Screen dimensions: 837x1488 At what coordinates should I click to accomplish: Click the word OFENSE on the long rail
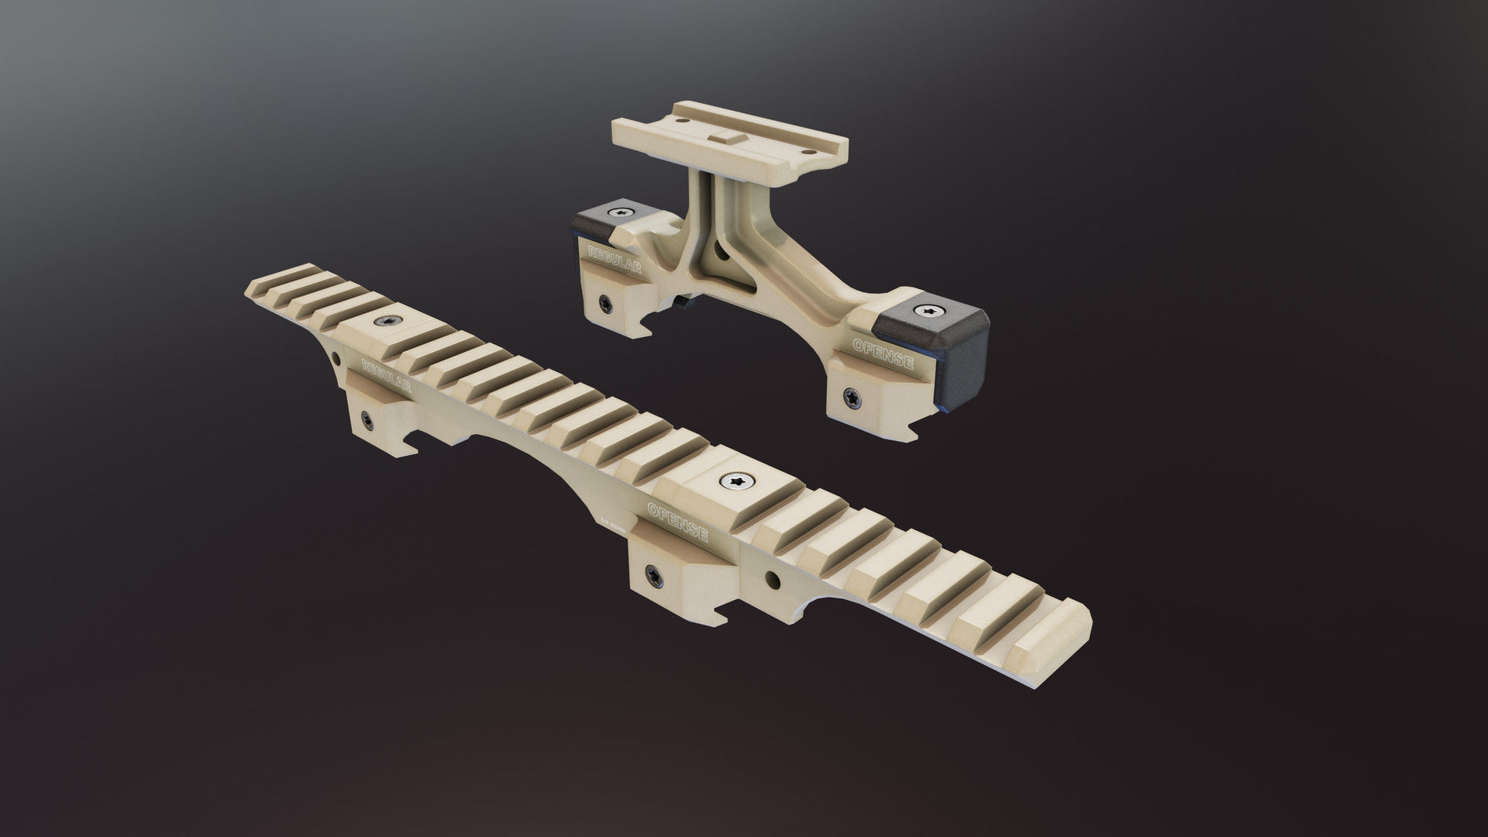(x=677, y=520)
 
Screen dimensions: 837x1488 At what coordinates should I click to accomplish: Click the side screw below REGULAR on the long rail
(x=364, y=420)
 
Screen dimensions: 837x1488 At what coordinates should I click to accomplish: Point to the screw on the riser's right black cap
(x=929, y=311)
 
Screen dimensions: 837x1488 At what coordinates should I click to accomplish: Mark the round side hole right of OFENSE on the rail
(x=772, y=578)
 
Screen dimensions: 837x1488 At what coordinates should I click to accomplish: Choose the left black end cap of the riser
(x=599, y=220)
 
